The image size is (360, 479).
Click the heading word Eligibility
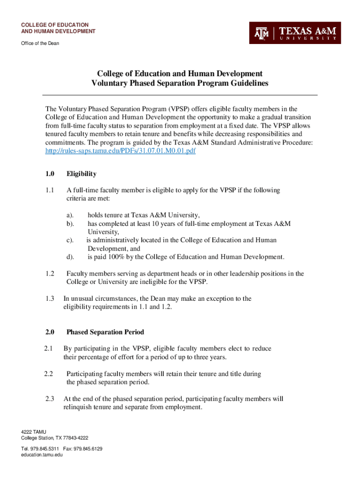point(81,174)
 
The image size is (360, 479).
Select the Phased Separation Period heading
point(105,332)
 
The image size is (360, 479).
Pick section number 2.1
point(49,348)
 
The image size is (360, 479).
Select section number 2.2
point(49,374)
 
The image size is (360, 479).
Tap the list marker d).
point(70,257)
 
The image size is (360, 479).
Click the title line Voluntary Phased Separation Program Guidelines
point(180,84)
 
